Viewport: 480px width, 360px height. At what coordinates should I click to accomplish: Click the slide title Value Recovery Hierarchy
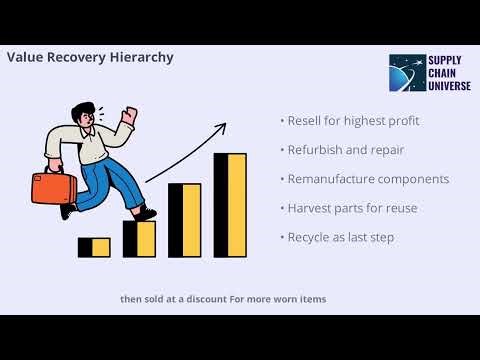click(90, 57)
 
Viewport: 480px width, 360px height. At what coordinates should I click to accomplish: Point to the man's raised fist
click(127, 116)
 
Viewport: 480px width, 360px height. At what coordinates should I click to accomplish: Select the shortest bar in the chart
click(94, 247)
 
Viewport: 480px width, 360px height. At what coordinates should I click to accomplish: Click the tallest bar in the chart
click(229, 205)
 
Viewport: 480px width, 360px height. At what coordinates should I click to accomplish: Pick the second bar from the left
click(139, 238)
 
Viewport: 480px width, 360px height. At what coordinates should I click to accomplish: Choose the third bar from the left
click(184, 220)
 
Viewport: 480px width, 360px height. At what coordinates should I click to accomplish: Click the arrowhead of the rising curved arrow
click(221, 127)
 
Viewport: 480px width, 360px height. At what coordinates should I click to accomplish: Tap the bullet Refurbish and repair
click(345, 151)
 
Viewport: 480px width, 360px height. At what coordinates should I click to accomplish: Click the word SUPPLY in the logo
click(446, 60)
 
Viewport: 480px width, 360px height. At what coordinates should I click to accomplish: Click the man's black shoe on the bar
click(146, 213)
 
